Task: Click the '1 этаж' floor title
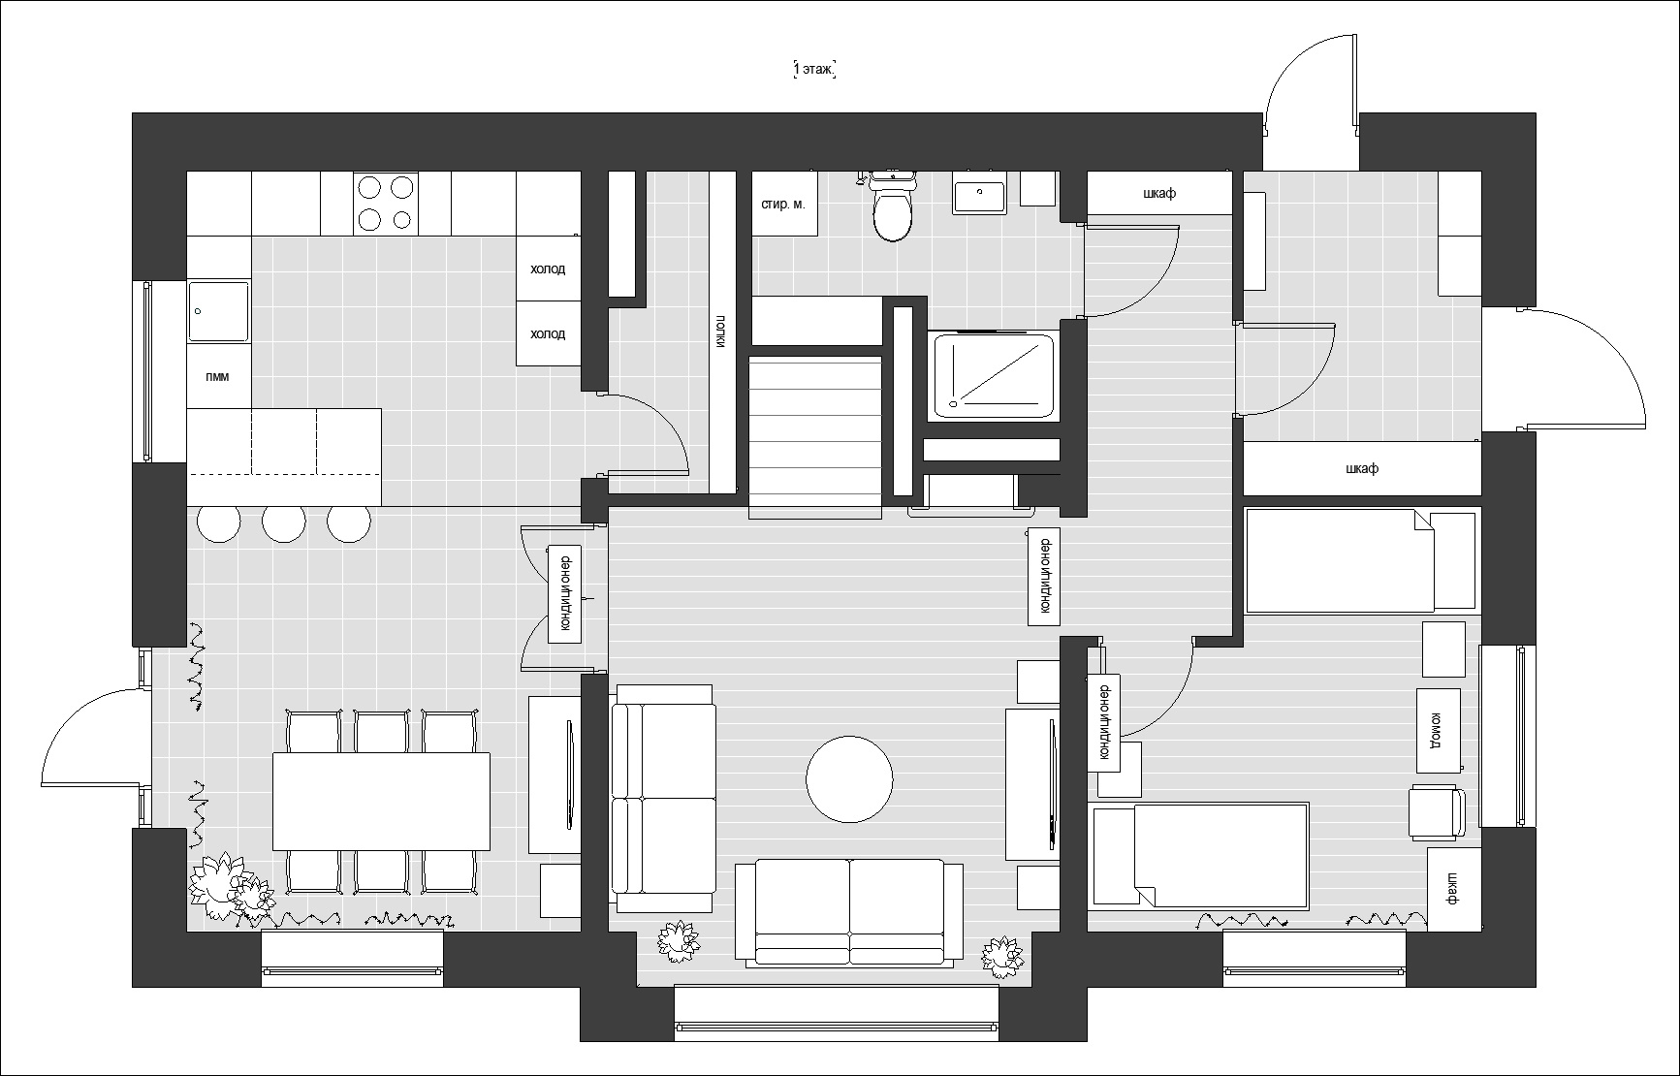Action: coord(814,70)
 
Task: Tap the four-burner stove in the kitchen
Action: coord(386,203)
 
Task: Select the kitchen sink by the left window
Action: coord(218,311)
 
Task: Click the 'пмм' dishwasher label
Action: coord(218,376)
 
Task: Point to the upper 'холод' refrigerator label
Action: coord(548,269)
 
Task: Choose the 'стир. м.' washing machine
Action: coord(783,204)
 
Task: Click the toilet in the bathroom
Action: coord(893,206)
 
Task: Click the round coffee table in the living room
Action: coord(849,779)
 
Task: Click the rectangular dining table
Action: coord(381,802)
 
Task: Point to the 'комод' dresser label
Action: coord(1438,730)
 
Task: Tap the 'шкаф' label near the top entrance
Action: coord(1159,193)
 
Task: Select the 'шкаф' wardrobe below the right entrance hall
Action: coord(1362,468)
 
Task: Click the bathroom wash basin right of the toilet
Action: coord(979,193)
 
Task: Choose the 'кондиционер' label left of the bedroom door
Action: coord(1103,723)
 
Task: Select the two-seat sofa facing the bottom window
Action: coord(849,911)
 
